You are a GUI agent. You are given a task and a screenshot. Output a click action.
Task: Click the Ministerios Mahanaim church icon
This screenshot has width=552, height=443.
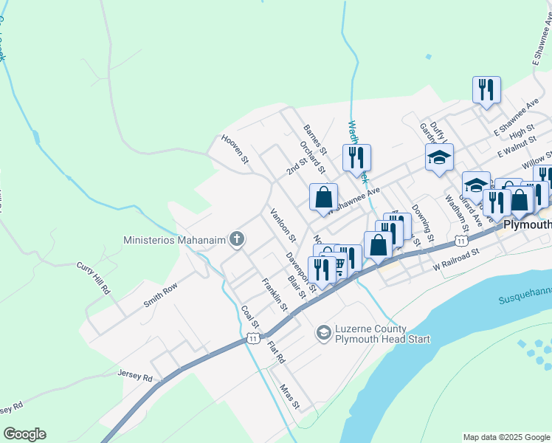(236, 238)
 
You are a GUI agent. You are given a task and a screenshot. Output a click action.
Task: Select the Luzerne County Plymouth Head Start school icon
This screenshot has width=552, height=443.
(323, 334)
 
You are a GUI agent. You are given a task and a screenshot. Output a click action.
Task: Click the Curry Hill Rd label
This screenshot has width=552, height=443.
(93, 278)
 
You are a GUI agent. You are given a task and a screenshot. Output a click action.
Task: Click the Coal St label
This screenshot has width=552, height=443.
(250, 317)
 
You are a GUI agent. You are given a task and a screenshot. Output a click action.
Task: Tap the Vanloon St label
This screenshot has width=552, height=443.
(283, 226)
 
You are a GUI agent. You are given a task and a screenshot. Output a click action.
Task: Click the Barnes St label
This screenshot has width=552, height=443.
(314, 138)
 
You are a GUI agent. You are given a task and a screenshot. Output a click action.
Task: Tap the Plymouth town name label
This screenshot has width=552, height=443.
(527, 224)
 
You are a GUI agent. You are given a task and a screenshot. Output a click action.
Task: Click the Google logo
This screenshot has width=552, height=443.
(24, 434)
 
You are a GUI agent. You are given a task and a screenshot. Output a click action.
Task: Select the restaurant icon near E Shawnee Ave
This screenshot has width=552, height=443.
(486, 91)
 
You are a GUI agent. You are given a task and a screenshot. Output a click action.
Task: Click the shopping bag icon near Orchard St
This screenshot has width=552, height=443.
(323, 197)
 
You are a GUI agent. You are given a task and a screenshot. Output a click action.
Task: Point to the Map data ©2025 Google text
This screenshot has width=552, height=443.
(506, 437)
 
